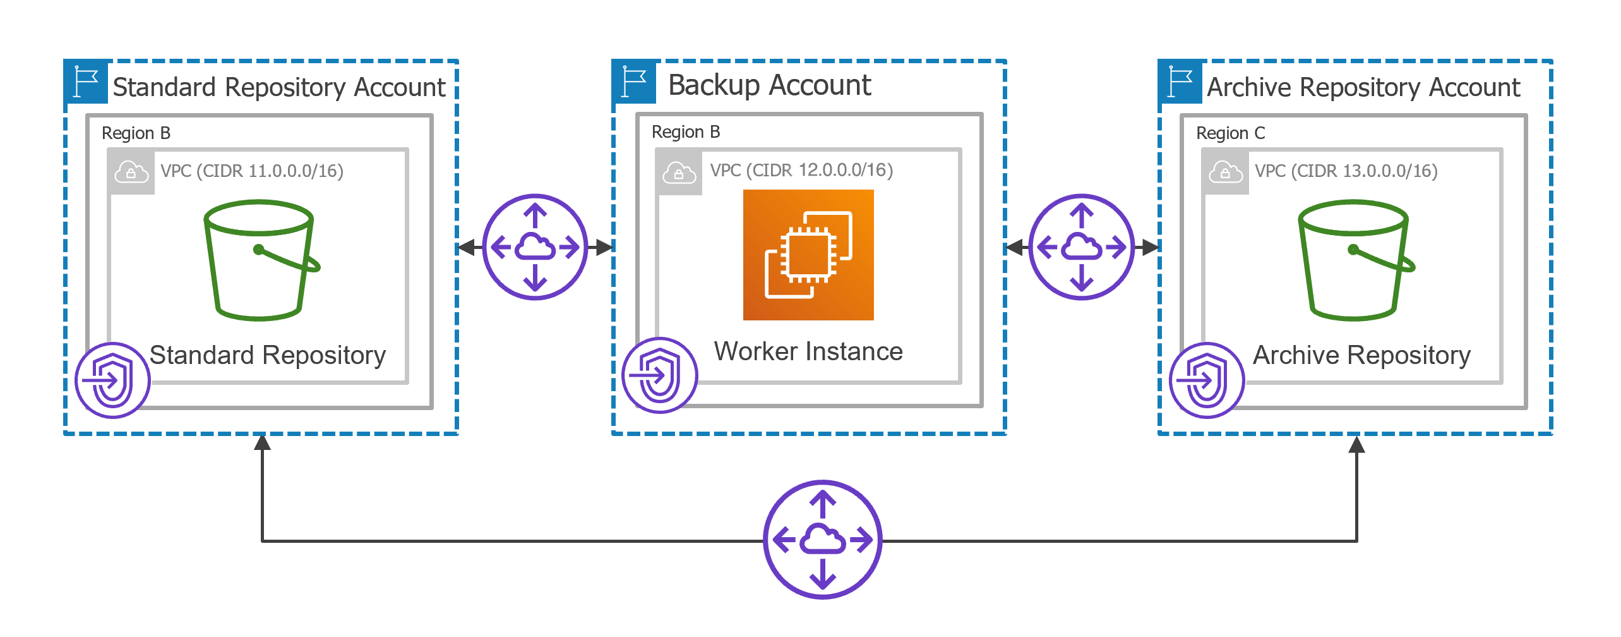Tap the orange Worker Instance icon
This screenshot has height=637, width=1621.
tap(808, 255)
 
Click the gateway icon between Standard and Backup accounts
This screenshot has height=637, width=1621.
tap(535, 246)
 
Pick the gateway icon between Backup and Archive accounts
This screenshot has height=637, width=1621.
tap(1082, 246)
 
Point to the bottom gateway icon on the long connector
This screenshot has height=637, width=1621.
tap(822, 540)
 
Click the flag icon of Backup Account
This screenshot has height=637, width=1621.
tap(634, 82)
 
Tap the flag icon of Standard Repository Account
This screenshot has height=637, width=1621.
tap(86, 82)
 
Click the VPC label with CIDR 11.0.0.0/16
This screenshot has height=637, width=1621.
tap(251, 171)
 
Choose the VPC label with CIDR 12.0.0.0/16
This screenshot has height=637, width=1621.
tap(801, 170)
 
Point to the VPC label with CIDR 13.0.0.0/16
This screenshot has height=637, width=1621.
tap(1346, 171)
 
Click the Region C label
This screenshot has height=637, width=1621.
tap(1230, 133)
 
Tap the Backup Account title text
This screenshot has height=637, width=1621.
tap(769, 85)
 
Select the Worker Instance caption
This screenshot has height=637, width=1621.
tap(808, 351)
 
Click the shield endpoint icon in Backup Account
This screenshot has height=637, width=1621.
tap(659, 375)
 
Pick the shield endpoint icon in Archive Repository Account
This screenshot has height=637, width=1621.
tap(1206, 380)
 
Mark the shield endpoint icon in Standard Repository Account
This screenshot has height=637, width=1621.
tap(112, 380)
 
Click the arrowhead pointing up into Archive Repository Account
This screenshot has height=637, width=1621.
tap(1356, 445)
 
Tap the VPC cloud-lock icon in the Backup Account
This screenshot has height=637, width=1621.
tap(679, 173)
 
